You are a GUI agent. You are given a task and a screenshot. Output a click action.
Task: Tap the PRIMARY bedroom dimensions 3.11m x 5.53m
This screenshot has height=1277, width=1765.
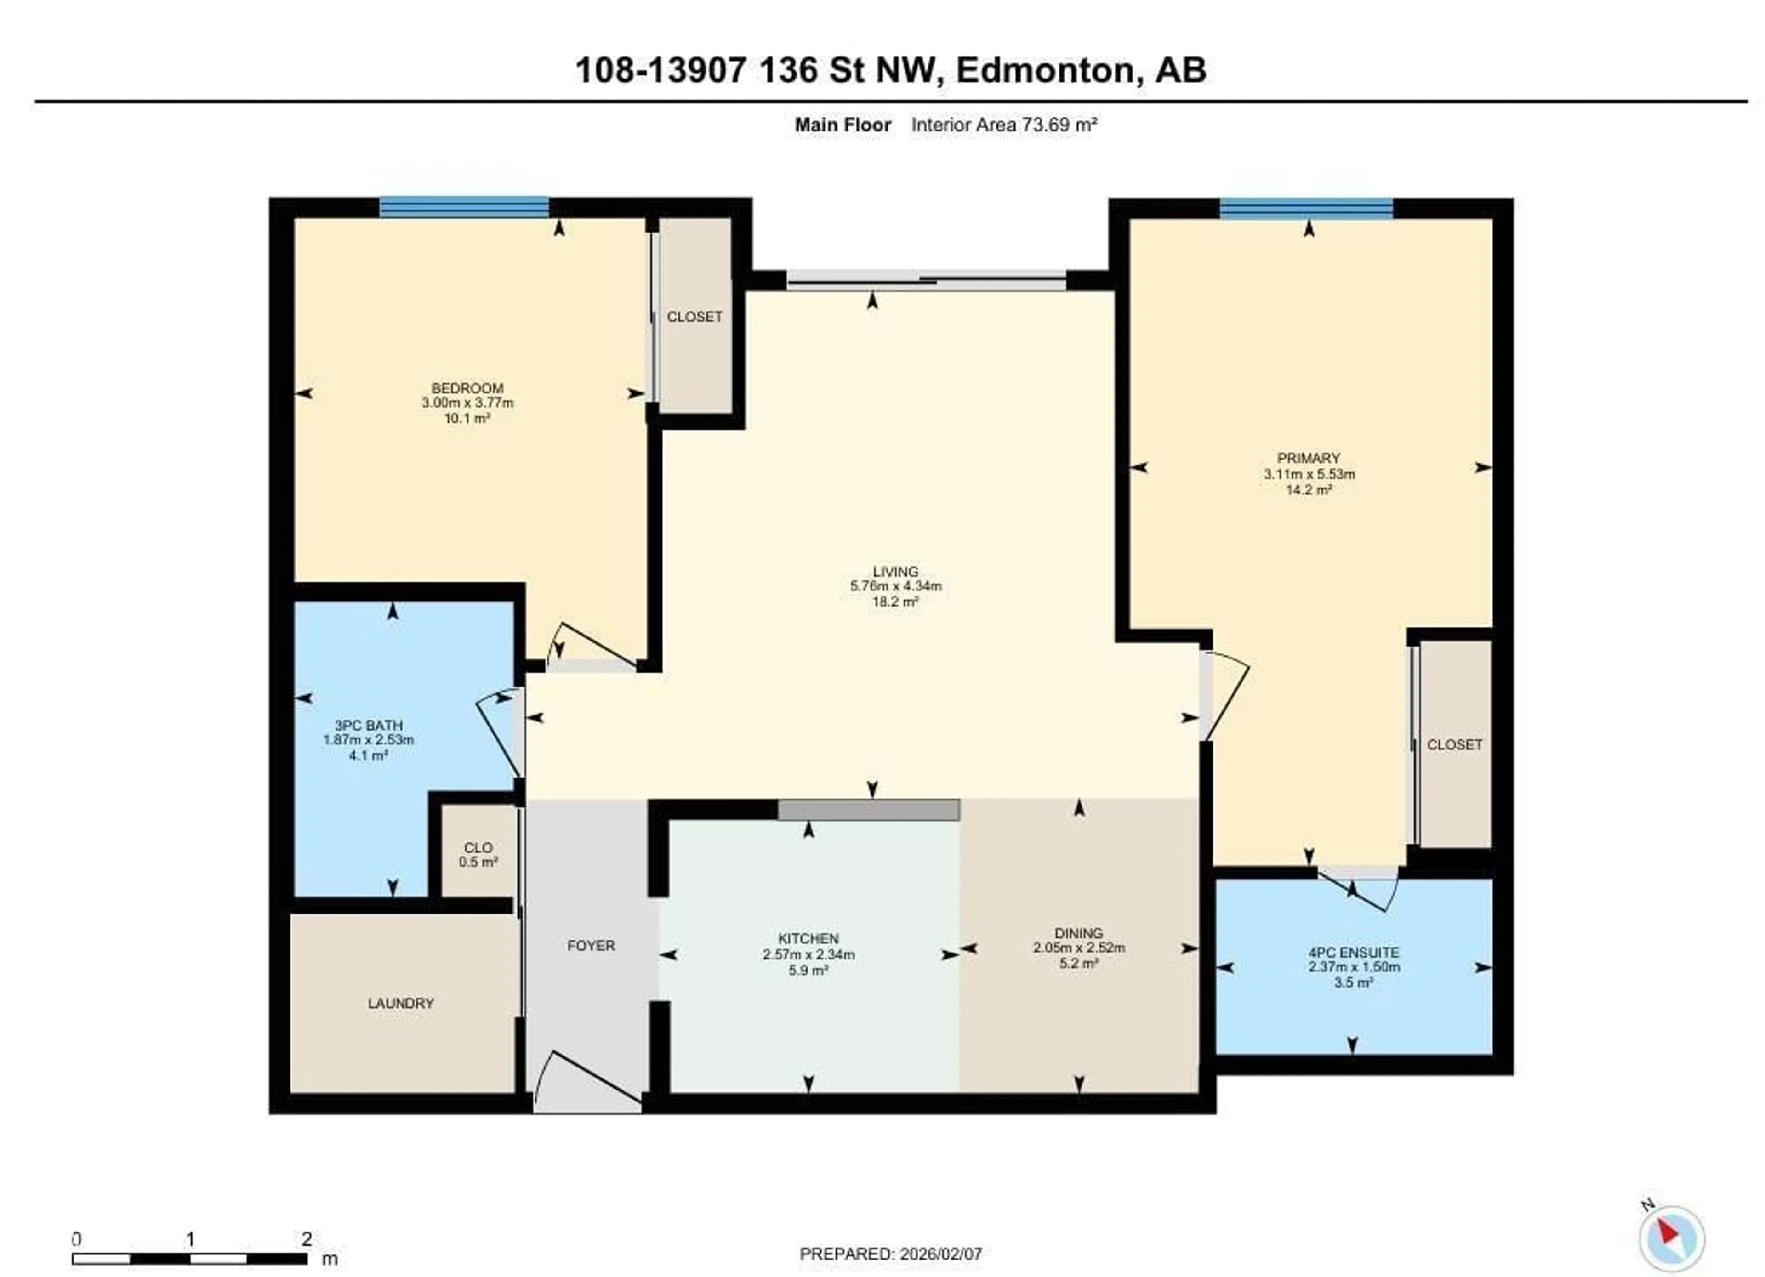click(1309, 474)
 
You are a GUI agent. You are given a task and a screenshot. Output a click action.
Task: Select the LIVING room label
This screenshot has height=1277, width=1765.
click(895, 571)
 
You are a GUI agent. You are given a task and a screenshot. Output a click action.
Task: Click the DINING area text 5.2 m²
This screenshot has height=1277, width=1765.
click(1079, 963)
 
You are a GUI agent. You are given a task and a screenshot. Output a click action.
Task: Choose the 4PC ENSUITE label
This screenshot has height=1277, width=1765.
click(1353, 952)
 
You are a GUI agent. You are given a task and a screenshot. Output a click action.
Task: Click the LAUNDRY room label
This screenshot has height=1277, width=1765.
click(401, 1003)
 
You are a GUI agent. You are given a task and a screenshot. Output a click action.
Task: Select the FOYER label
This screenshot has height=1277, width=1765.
click(591, 946)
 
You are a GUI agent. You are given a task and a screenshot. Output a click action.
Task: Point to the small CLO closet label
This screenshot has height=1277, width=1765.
click(478, 847)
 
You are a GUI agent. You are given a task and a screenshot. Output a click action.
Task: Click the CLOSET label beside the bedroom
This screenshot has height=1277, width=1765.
click(694, 317)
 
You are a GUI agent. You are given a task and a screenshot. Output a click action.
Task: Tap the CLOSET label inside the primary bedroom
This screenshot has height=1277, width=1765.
click(1454, 745)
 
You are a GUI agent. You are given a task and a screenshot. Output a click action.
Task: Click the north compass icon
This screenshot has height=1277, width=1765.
click(1671, 1238)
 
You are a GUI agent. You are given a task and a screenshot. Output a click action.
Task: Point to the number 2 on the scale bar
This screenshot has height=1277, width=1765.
click(307, 1239)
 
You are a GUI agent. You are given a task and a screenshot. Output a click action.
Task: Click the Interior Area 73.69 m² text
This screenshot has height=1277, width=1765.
click(1004, 125)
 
